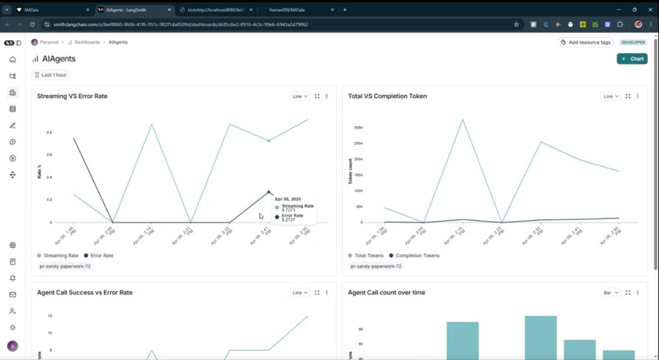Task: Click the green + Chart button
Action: pos(632,59)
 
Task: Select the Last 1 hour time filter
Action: pos(51,75)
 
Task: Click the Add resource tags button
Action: pos(585,42)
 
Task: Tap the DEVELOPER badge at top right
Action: pos(633,42)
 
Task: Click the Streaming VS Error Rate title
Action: pos(72,97)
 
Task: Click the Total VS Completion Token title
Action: pos(387,97)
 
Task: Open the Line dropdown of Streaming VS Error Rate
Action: pos(299,97)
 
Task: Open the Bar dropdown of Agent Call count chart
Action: pos(610,292)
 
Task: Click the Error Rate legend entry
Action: pos(99,255)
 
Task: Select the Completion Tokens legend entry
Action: pos(416,255)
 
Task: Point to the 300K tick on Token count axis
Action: pos(358,128)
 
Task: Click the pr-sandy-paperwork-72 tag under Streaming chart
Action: pos(65,266)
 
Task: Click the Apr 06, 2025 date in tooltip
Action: pos(289,199)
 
